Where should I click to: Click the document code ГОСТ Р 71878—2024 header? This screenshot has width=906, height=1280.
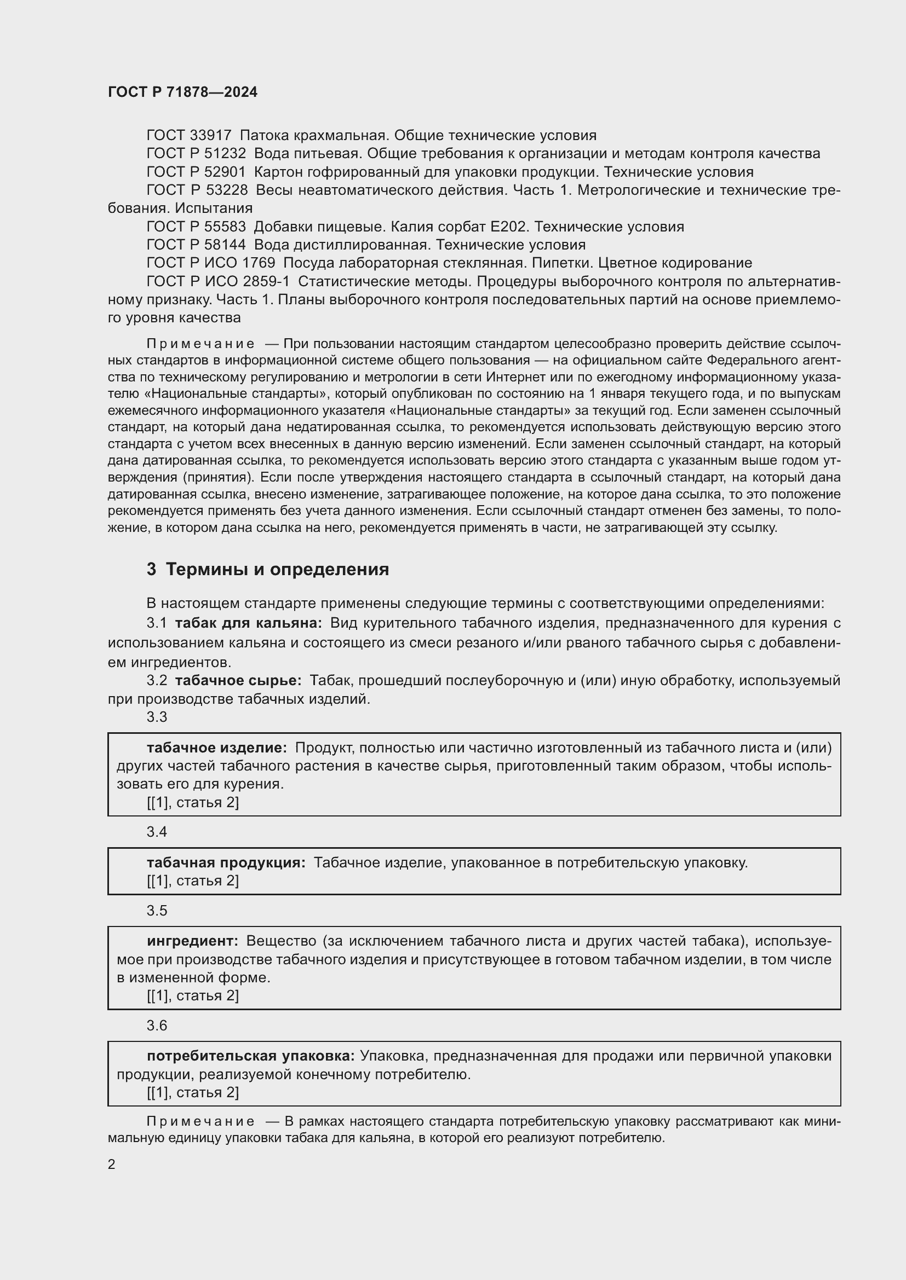pos(182,92)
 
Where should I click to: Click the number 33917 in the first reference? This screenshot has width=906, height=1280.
pos(210,136)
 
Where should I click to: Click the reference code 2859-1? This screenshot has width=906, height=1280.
pos(266,281)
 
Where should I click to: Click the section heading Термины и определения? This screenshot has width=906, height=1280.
pos(277,569)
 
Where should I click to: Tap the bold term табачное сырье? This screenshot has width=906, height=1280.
pos(238,681)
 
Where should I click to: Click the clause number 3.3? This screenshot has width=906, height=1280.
pos(157,717)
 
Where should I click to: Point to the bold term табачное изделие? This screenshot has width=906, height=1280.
pos(216,748)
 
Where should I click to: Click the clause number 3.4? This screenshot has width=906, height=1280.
pos(157,832)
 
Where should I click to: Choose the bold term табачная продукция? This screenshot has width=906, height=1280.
pos(226,863)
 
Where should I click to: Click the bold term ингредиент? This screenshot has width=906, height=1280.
pos(192,941)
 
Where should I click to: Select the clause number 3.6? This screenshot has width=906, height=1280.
pos(157,1026)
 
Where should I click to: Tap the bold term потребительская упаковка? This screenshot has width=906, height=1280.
pos(250,1056)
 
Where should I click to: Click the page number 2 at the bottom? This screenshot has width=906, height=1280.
pos(112,1164)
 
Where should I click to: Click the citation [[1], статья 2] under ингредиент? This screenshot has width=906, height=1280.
pos(192,995)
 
